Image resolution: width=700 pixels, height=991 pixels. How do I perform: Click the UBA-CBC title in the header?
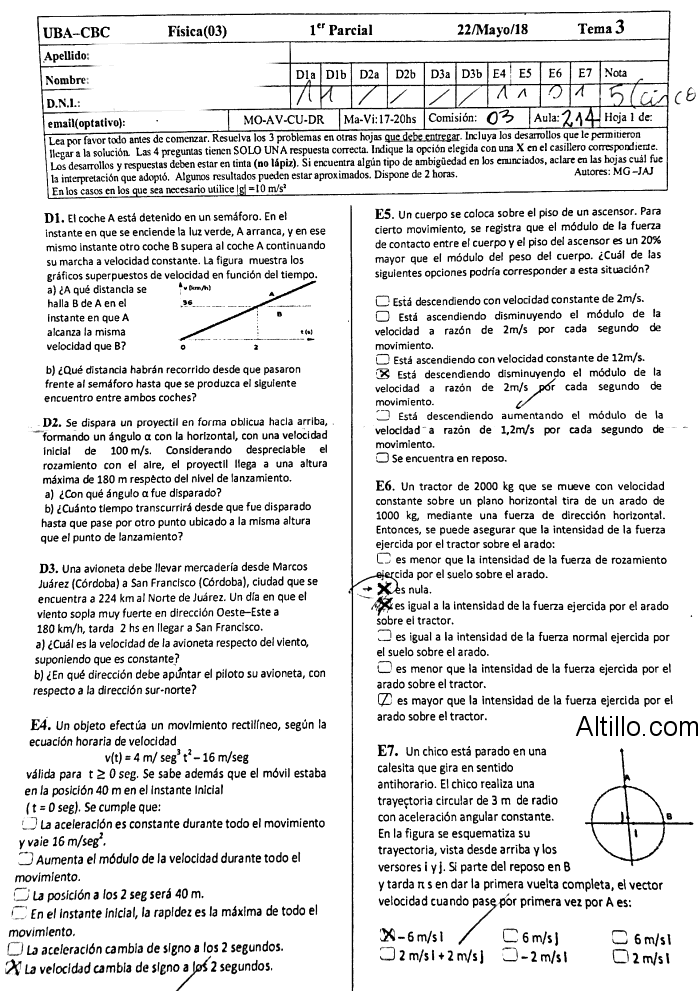(x=77, y=31)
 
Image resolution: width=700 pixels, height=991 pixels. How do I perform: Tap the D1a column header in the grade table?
(x=306, y=74)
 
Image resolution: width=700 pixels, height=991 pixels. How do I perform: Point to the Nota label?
(x=617, y=74)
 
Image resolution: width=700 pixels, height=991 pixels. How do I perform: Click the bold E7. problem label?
(x=387, y=750)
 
